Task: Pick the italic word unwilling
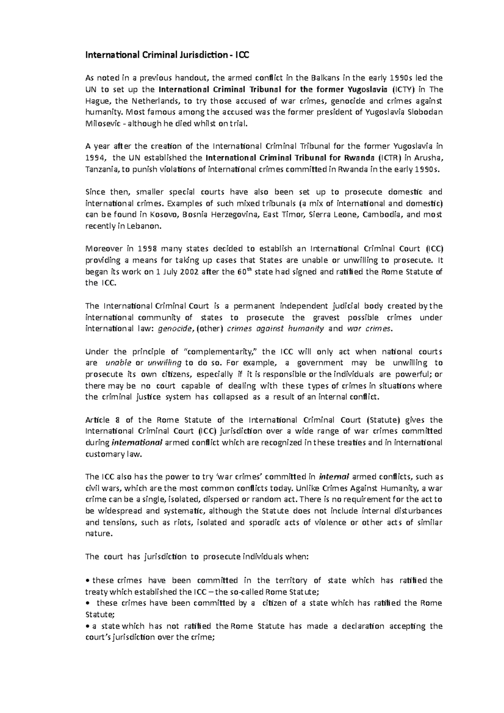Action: coord(164,363)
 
